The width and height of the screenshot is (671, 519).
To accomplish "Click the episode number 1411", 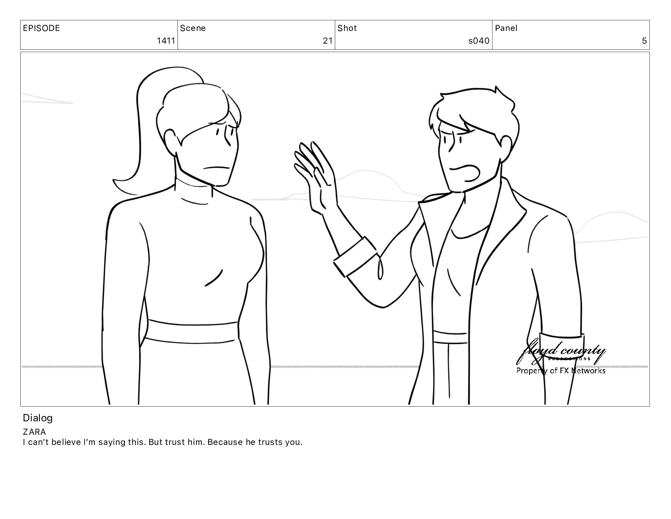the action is (x=166, y=41).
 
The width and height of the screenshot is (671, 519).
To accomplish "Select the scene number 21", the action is (x=328, y=41).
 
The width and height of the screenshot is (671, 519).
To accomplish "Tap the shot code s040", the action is (x=479, y=41).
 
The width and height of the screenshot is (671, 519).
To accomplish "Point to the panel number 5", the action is (x=644, y=41).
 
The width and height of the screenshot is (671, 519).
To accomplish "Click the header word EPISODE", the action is (x=41, y=28).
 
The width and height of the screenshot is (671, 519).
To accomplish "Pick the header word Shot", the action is (x=347, y=28).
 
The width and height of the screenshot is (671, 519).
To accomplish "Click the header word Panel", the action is (x=506, y=28).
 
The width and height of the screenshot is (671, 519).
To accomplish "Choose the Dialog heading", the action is (x=38, y=418).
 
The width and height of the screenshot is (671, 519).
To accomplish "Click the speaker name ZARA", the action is (x=34, y=432).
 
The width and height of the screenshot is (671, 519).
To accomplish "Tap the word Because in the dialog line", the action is (x=225, y=442).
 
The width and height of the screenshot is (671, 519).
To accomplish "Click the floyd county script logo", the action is (x=561, y=352).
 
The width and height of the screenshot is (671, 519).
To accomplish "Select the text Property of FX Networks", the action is (x=561, y=370).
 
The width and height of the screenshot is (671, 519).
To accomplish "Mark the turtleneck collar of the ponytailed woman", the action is (x=194, y=192).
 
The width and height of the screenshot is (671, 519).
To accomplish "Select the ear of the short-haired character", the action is (x=505, y=147).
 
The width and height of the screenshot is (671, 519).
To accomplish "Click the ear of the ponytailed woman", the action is (x=171, y=142).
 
